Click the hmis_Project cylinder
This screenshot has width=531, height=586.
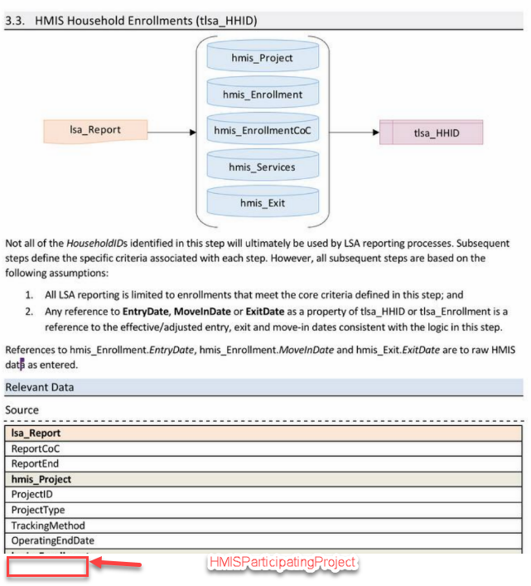(262, 58)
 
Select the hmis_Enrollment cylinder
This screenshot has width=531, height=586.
(262, 94)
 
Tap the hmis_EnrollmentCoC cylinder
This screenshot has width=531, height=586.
(262, 130)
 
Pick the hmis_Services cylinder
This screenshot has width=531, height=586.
(262, 167)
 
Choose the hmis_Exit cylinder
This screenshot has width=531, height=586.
(262, 202)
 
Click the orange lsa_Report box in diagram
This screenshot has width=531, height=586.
(95, 130)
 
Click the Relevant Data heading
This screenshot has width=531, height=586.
(40, 387)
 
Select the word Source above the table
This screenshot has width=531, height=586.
(22, 409)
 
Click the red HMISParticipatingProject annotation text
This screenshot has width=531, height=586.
(282, 562)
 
